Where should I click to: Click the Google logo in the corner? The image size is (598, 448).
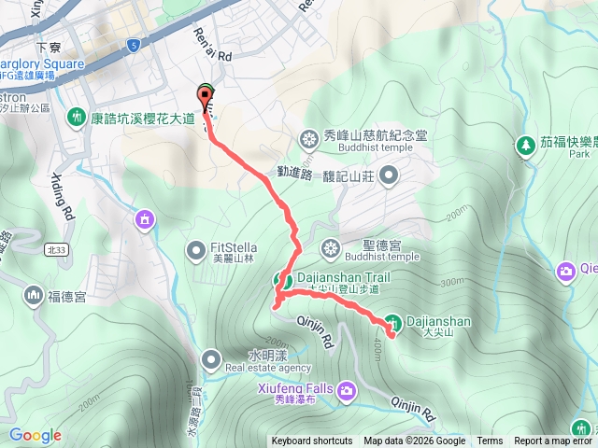click(36, 436)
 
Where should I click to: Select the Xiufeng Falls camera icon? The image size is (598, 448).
click(348, 389)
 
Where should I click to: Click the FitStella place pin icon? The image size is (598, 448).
click(196, 249)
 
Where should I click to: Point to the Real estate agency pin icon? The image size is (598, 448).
click(211, 359)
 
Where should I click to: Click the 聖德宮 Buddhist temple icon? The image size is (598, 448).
click(330, 248)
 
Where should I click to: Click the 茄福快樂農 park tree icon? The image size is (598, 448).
click(525, 145)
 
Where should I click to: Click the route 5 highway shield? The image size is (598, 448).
click(135, 44)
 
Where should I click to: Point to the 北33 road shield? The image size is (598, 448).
click(53, 249)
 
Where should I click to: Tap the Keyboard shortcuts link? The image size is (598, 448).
click(312, 441)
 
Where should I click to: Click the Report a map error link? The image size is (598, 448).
click(554, 441)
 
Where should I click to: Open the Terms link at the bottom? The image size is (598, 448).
click(490, 441)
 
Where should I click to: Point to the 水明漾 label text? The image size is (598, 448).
click(266, 356)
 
